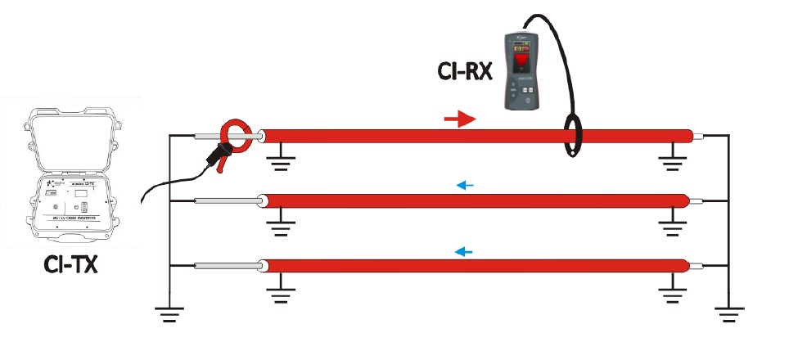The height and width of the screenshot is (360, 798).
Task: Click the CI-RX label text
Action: click(463, 71)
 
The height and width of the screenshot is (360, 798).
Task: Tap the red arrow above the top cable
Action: click(459, 120)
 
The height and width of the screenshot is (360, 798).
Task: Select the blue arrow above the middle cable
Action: click(465, 186)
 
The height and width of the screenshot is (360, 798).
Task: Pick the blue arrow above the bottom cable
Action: click(464, 251)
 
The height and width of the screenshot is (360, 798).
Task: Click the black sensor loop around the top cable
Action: click(570, 134)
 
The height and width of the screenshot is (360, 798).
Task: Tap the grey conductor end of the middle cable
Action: click(226, 200)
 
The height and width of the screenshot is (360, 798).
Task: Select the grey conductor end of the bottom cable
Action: click(226, 266)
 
